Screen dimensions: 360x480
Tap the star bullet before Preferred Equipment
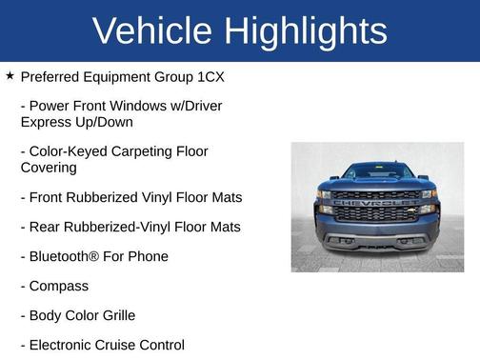click(10, 75)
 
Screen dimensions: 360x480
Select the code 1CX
click(208, 76)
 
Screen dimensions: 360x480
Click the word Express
click(47, 122)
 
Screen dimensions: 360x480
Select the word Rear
click(47, 227)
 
